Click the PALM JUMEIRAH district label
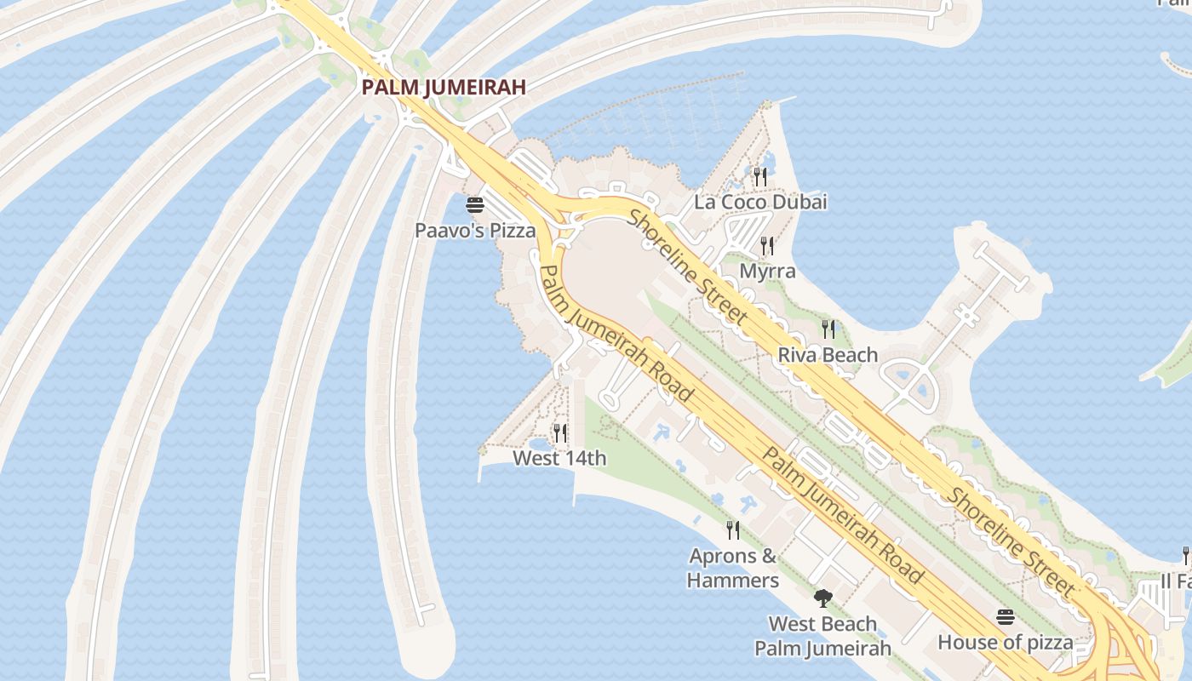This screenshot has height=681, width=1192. pyautogui.click(x=443, y=87)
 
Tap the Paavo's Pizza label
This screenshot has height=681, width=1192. pyautogui.click(x=475, y=231)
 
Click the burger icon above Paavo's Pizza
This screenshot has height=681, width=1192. pyautogui.click(x=475, y=205)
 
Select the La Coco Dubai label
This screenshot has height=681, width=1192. pyautogui.click(x=760, y=203)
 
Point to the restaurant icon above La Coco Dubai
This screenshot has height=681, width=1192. pyautogui.click(x=760, y=176)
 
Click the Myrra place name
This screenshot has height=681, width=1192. pyautogui.click(x=767, y=272)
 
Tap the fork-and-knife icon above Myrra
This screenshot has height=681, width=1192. pyautogui.click(x=767, y=246)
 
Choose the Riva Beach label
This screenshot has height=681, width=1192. pyautogui.click(x=828, y=355)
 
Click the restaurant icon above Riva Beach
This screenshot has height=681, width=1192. pyautogui.click(x=828, y=329)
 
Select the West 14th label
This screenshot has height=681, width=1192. pyautogui.click(x=559, y=459)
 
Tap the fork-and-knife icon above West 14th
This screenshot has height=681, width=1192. pyautogui.click(x=559, y=433)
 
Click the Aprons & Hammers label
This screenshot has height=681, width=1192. pyautogui.click(x=732, y=569)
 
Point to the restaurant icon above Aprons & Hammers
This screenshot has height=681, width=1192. pyautogui.click(x=732, y=530)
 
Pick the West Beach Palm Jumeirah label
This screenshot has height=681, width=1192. pyautogui.click(x=822, y=636)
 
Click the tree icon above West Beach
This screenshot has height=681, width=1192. pyautogui.click(x=822, y=598)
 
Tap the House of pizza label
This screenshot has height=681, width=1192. pyautogui.click(x=1005, y=643)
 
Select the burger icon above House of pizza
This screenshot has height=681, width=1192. pyautogui.click(x=1006, y=616)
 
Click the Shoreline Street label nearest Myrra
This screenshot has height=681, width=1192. pyautogui.click(x=687, y=266)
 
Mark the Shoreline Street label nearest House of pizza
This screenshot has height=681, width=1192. pyautogui.click(x=1013, y=541)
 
